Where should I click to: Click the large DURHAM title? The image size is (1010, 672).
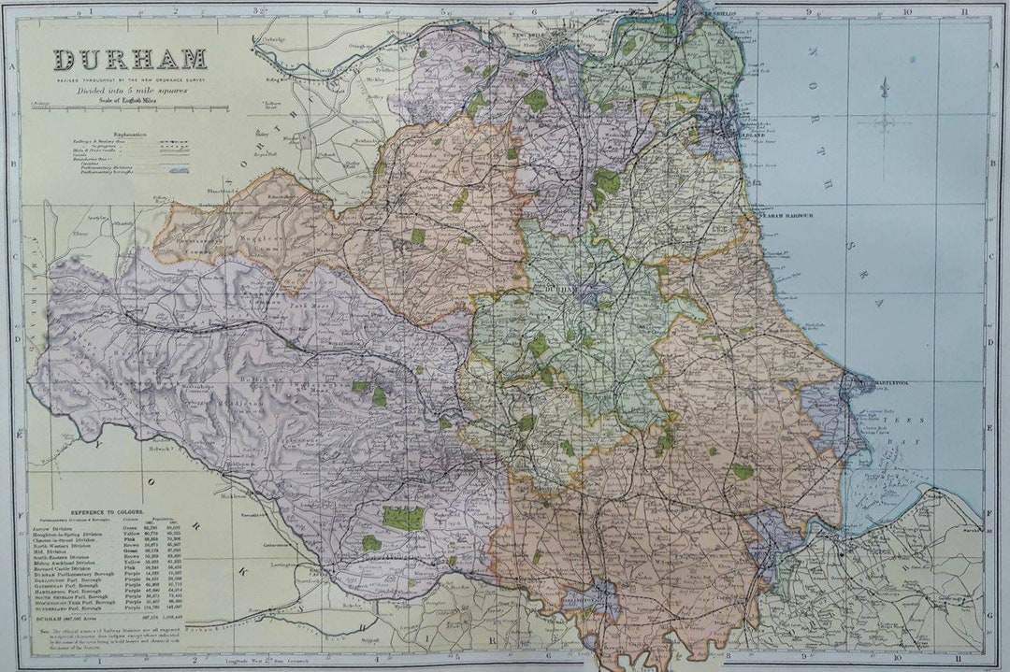(x=130, y=60)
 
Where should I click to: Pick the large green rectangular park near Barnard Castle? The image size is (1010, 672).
(x=402, y=518)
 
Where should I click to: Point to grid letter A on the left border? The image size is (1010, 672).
(x=12, y=67)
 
